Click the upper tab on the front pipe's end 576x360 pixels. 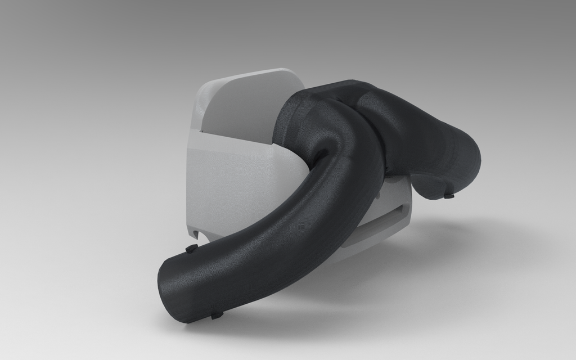(x=190, y=247)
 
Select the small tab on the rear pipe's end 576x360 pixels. (x=448, y=196)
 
